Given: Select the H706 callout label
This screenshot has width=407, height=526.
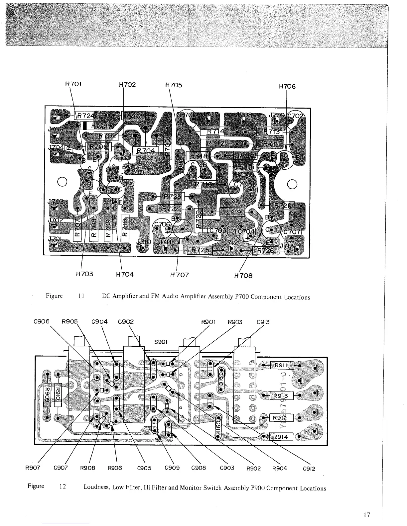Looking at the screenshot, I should click(x=287, y=86).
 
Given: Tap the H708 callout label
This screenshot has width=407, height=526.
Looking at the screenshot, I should click(x=243, y=276).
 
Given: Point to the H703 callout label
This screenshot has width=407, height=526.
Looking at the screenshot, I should click(x=84, y=274).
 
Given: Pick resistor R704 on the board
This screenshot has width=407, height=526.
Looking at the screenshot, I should click(x=146, y=151).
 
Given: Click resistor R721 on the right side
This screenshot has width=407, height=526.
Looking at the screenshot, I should click(x=282, y=206).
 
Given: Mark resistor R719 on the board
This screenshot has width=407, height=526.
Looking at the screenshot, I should click(x=232, y=212).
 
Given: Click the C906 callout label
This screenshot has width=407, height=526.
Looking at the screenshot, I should click(x=42, y=321).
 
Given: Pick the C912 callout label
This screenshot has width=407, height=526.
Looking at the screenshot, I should click(x=309, y=469).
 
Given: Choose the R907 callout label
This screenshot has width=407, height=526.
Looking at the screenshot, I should click(x=33, y=468).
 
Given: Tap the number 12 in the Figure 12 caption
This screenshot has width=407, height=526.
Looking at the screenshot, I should click(x=63, y=487).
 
